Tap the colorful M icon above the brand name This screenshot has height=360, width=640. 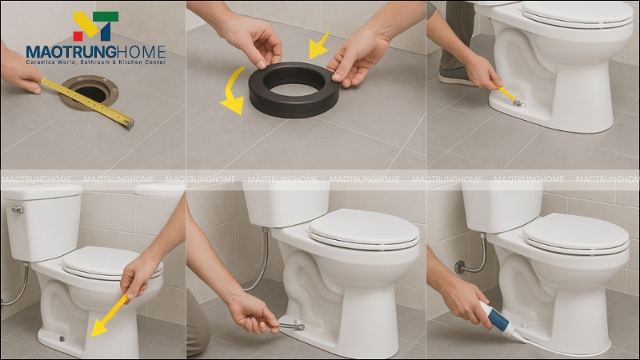point(95,26)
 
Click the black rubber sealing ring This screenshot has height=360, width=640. point(293,89)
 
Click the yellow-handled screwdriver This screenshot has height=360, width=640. point(509,95)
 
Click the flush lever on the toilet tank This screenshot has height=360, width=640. point(17,210)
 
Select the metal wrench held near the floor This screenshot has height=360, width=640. point(290,325)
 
